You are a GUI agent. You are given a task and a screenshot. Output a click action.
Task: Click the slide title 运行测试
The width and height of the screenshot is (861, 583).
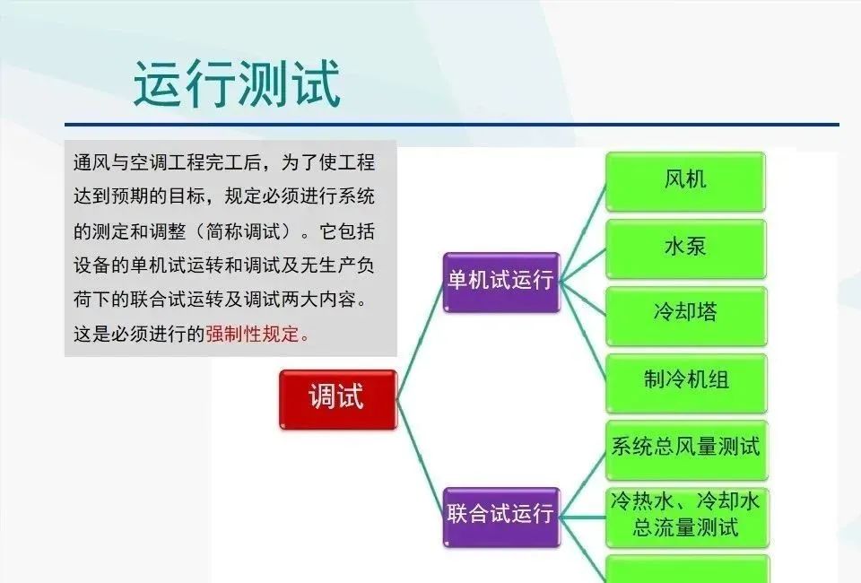[x=237, y=83]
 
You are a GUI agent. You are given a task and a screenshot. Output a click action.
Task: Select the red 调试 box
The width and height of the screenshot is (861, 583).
[x=338, y=399]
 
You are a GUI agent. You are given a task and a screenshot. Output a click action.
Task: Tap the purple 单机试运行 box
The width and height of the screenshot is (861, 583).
[x=501, y=282]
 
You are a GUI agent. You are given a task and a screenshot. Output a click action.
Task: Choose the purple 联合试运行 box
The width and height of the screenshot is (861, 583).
[x=501, y=517]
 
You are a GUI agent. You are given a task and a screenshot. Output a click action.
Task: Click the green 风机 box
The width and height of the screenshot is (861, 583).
[x=685, y=181]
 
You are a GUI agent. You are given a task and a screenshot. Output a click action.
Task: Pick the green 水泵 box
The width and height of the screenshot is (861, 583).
[x=685, y=248]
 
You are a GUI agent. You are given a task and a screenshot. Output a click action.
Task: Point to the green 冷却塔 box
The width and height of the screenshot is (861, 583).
[x=686, y=316]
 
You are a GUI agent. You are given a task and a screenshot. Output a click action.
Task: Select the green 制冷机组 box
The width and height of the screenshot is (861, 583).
[x=686, y=383]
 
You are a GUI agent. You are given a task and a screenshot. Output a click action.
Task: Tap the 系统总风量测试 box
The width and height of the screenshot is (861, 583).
[x=686, y=449]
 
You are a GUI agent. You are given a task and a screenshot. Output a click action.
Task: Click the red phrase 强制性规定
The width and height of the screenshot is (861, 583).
[x=253, y=334]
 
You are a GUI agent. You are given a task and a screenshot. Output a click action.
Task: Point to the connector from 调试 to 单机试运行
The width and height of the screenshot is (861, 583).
[x=420, y=340]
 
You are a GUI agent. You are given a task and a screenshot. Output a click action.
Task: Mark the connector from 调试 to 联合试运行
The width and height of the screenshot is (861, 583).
[x=420, y=457]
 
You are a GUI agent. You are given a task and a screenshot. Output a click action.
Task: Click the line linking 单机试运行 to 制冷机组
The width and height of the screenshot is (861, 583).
[x=583, y=330]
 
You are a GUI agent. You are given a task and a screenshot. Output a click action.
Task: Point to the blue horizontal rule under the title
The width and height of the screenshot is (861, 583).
[x=452, y=125]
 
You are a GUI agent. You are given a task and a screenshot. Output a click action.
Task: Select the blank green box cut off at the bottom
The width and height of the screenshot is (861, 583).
[x=688, y=570]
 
